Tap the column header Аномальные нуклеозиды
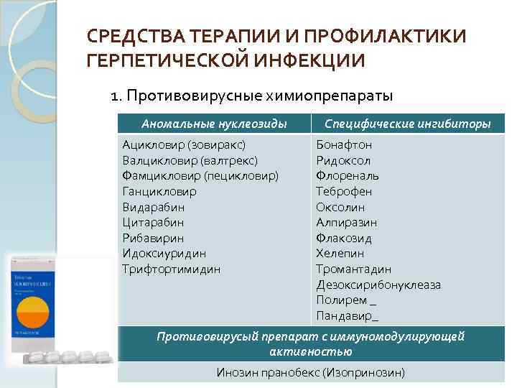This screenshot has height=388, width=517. click(x=214, y=124)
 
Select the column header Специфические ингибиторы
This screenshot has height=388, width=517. click(x=408, y=124)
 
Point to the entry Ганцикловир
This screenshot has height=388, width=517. click(x=159, y=191)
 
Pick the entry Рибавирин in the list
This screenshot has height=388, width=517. click(x=153, y=238)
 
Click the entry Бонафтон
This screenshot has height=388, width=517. click(x=344, y=144)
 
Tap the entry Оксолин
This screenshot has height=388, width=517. click(x=340, y=207)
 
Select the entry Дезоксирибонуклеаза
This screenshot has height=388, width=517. click(x=378, y=285)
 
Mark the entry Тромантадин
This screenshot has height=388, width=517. click(x=353, y=269)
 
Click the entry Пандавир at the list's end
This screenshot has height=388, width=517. click(x=345, y=315)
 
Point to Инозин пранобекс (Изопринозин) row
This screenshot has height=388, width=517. click(x=310, y=372)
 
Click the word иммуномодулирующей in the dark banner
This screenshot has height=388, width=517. click(x=404, y=336)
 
